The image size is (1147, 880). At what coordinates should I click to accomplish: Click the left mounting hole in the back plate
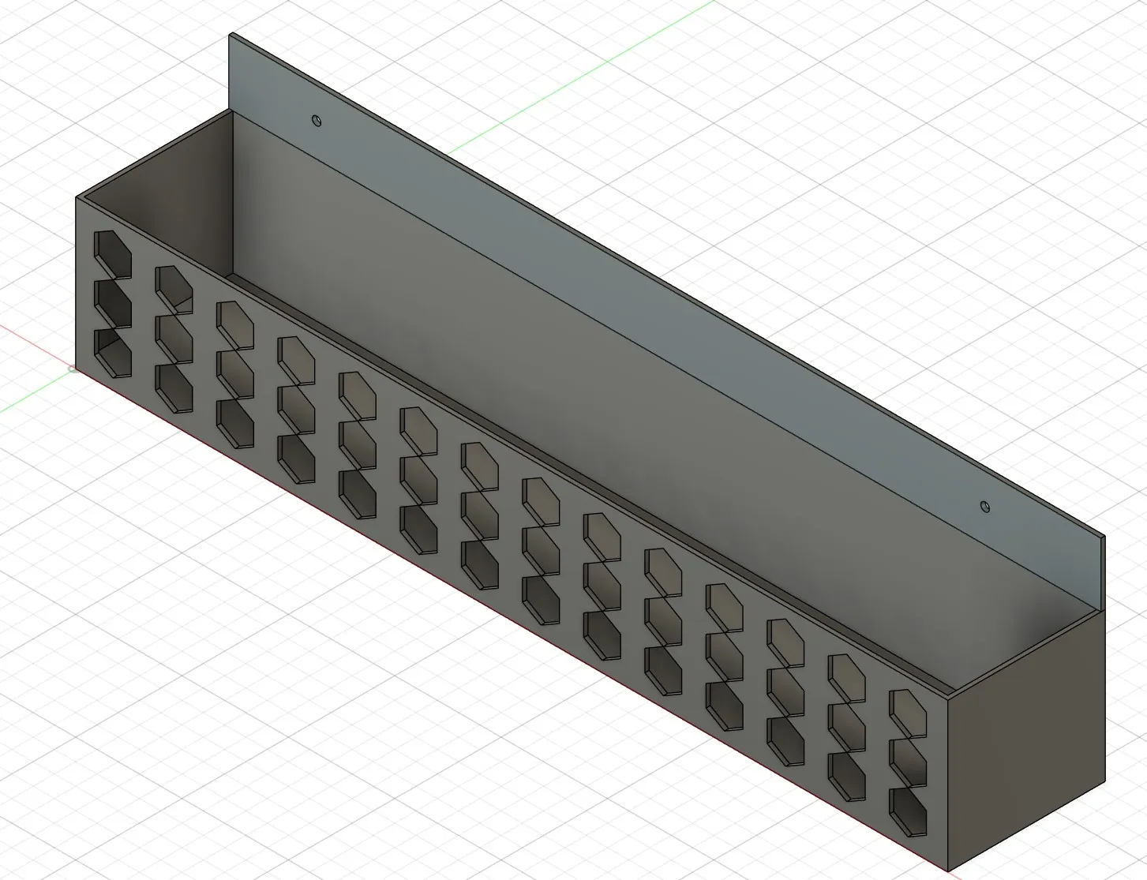tap(317, 121)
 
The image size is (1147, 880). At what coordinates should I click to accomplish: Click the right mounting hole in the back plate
tap(984, 506)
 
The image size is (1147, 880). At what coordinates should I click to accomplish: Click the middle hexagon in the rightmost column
tap(908, 759)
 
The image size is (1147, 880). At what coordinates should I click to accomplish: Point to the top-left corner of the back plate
tap(231, 34)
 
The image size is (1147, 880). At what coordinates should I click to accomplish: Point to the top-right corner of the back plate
tap(1104, 537)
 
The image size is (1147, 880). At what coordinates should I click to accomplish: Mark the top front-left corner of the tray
tap(77, 197)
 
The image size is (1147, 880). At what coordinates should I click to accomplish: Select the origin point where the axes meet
tap(73, 369)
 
